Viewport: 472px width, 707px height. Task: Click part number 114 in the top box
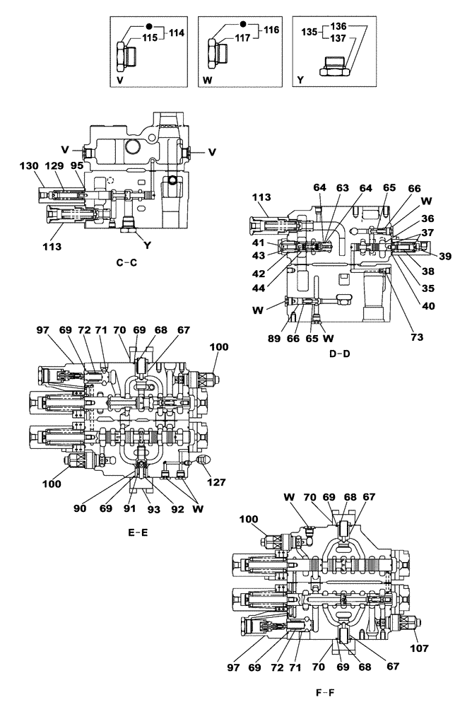pos(176,32)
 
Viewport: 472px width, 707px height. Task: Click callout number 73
pos(417,337)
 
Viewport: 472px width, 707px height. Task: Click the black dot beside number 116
pos(244,24)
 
